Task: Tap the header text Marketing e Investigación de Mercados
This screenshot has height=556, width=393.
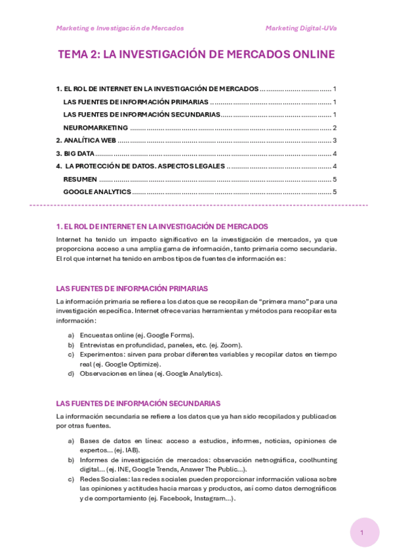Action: point(120,28)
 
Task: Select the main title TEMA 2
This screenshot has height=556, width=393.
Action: point(196,54)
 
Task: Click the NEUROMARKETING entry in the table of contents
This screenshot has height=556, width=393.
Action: point(96,128)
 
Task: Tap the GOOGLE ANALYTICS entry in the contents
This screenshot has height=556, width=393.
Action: point(97,191)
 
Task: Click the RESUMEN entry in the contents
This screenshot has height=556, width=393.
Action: point(80,179)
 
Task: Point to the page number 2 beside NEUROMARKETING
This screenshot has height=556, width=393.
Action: point(335,128)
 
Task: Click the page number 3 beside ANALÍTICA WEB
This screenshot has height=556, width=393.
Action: point(335,140)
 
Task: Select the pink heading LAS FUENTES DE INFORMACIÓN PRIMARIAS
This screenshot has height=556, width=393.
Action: point(132,288)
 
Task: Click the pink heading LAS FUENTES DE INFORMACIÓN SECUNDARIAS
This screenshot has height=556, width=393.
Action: point(138,403)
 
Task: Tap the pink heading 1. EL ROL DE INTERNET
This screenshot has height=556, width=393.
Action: point(162,226)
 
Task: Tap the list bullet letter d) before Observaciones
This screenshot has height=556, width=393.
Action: point(71,374)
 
